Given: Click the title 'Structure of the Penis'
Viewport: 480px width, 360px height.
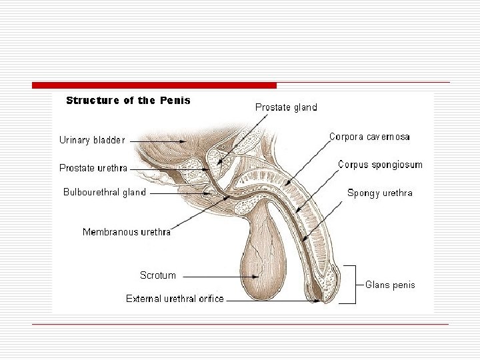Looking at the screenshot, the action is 128,101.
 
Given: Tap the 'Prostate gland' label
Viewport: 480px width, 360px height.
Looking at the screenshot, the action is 286,107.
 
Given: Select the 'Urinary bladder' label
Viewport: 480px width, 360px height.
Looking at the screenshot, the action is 92,140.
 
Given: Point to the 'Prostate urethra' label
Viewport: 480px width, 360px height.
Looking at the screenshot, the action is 93,168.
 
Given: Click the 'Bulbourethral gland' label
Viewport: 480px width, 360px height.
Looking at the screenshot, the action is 105,192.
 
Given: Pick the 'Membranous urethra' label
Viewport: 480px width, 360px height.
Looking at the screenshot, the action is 126,232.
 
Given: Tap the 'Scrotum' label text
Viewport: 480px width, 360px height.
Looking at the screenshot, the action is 158,275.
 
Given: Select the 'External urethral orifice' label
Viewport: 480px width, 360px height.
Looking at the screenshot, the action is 175,299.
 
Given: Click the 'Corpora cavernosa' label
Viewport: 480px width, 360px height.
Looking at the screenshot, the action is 369,137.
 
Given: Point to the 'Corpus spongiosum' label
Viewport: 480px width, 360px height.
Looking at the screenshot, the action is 379,164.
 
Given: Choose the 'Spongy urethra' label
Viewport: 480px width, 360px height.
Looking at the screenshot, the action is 379,193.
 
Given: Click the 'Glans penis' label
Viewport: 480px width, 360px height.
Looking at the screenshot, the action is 390,285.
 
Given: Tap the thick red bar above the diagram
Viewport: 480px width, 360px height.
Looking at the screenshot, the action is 154,85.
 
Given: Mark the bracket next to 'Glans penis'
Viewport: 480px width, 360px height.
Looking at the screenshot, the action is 349,285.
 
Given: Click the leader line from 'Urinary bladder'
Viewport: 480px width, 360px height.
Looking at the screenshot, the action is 153,141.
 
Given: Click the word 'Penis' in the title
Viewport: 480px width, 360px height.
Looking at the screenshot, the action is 175,101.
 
